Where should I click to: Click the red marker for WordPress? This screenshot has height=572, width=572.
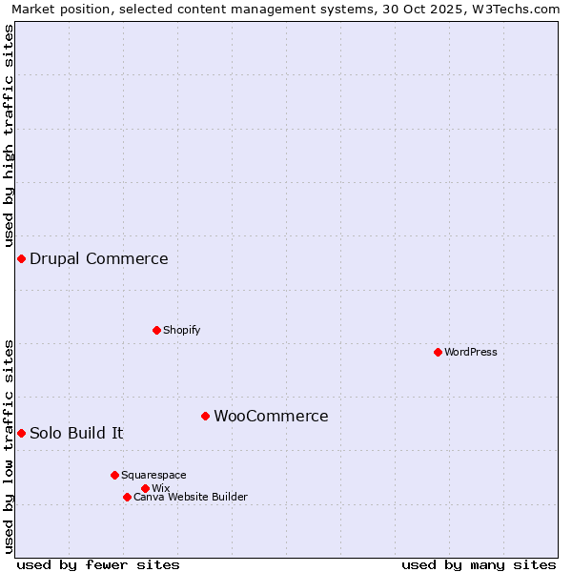(x=438, y=352)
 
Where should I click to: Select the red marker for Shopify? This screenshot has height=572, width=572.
(x=156, y=330)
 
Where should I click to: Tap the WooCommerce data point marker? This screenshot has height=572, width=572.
(x=205, y=416)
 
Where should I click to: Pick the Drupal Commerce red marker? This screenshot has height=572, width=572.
(x=21, y=258)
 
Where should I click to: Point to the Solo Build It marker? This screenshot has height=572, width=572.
(x=21, y=433)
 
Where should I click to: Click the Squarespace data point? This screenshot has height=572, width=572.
(x=114, y=475)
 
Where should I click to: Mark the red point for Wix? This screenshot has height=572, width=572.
(x=145, y=488)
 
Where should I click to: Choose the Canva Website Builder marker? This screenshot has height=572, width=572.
(x=127, y=497)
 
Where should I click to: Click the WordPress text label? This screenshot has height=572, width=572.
(x=471, y=352)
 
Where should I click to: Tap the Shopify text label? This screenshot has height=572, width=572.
(x=182, y=330)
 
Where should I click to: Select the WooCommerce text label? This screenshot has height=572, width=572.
(x=271, y=416)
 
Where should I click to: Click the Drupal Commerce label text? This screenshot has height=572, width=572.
(x=98, y=258)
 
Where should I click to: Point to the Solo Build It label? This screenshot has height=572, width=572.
(x=76, y=433)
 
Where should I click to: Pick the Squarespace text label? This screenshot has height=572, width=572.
(x=153, y=475)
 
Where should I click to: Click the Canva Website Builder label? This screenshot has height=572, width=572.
(x=191, y=497)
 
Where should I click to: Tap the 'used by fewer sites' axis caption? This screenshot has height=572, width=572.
(x=98, y=564)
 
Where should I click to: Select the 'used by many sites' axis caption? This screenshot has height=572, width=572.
(x=479, y=564)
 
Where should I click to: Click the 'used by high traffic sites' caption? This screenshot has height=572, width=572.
(x=9, y=136)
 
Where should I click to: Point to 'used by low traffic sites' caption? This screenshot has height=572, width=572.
(x=9, y=446)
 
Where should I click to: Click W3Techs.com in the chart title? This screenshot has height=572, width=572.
(x=519, y=10)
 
